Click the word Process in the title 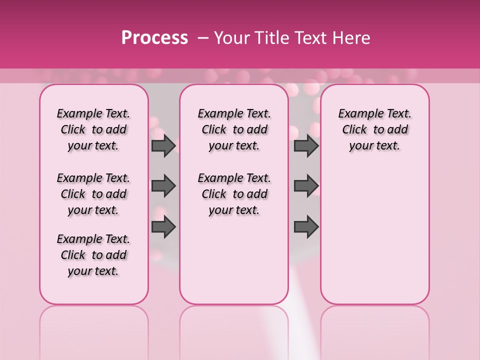154,38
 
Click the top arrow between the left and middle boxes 163,145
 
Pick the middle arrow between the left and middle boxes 163,186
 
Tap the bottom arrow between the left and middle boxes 163,227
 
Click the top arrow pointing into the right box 306,145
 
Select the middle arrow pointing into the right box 306,186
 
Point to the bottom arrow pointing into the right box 306,227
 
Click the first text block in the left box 93,129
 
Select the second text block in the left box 93,194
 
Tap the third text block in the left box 93,255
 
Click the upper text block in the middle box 234,129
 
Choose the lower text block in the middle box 234,194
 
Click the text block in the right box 374,129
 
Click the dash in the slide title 203,38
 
